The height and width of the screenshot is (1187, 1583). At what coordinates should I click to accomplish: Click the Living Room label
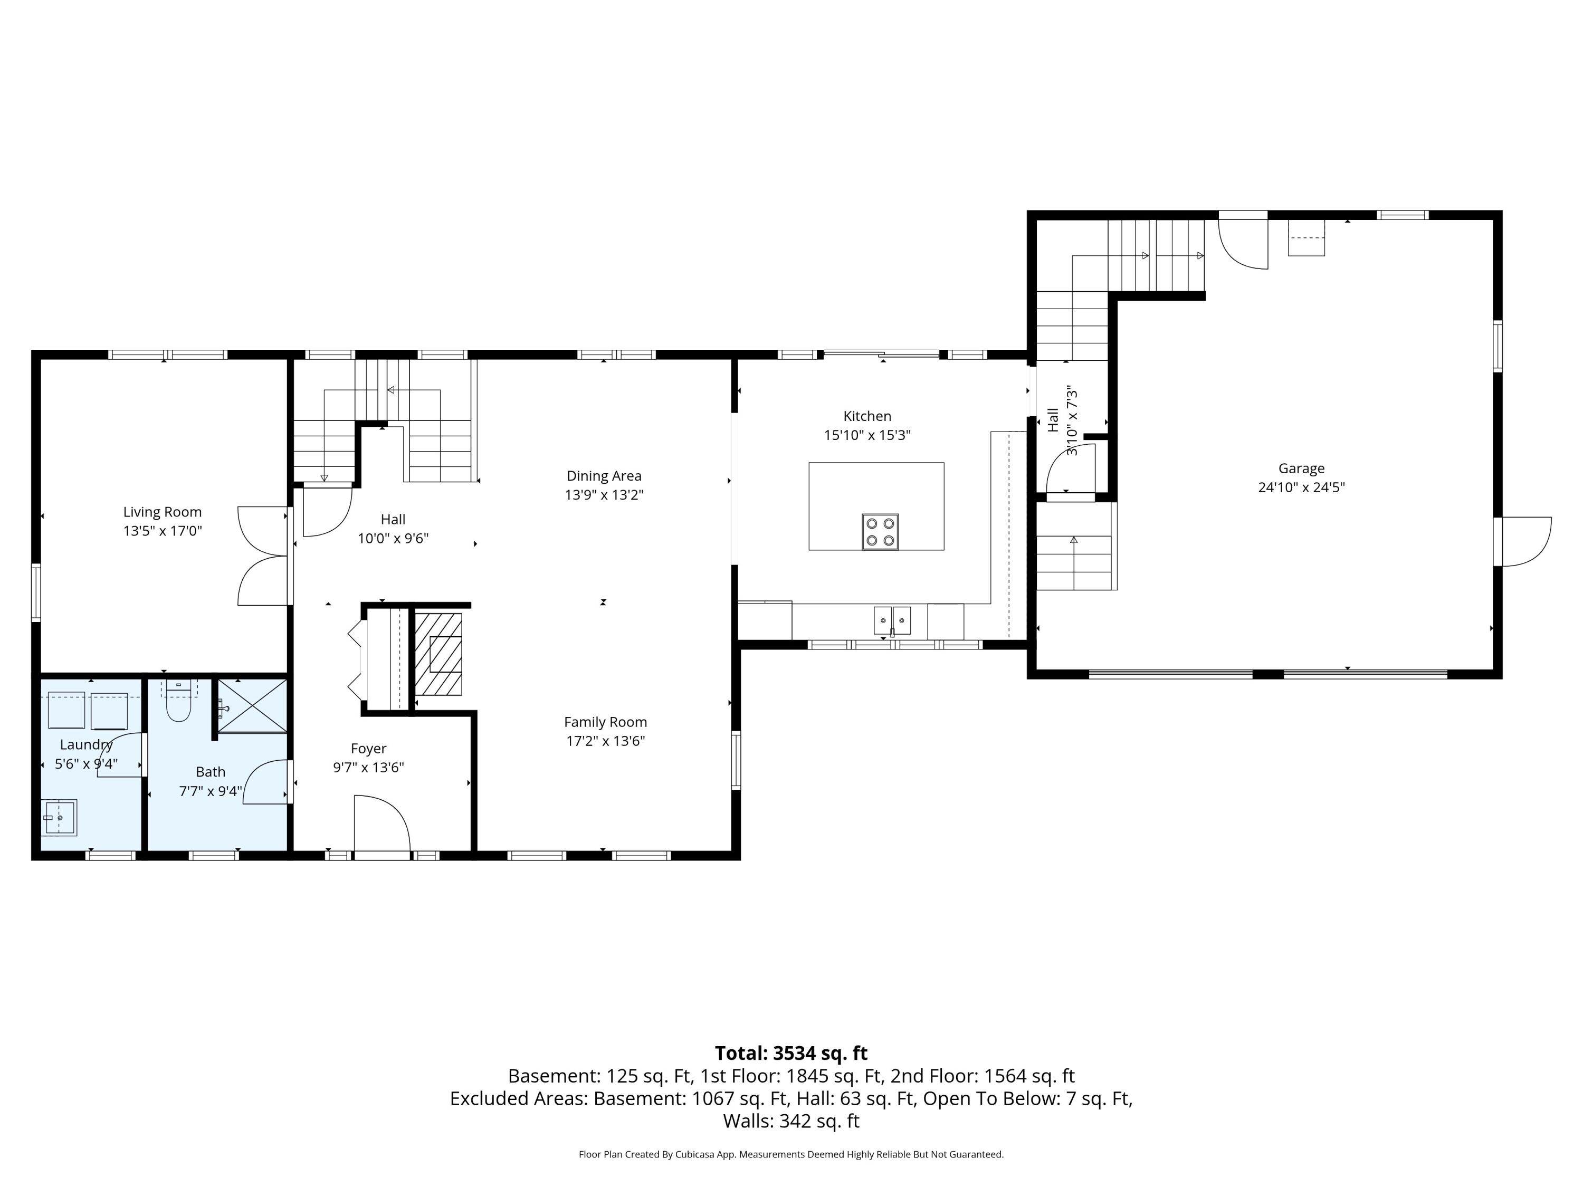[163, 512]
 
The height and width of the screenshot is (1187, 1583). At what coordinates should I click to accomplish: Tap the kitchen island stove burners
[880, 532]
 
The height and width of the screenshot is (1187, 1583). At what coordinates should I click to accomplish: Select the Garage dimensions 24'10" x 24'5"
[1301, 487]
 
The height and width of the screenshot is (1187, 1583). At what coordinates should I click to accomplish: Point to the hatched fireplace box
[438, 654]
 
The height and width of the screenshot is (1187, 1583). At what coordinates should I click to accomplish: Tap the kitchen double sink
[892, 620]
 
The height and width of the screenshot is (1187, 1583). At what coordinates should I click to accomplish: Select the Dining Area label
[604, 476]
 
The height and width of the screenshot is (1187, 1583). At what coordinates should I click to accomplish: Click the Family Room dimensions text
[605, 741]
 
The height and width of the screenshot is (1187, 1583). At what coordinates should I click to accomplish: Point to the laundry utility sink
[60, 818]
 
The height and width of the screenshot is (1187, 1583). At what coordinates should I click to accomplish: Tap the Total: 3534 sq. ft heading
[791, 1053]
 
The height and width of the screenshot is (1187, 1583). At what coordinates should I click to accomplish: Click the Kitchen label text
[866, 416]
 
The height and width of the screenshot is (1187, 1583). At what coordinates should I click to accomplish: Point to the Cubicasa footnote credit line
[791, 1154]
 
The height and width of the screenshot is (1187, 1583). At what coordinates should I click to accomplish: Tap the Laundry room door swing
[120, 755]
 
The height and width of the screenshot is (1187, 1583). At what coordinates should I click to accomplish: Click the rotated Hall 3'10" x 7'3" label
[1062, 420]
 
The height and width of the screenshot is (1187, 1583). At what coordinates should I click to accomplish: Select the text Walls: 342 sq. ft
[791, 1121]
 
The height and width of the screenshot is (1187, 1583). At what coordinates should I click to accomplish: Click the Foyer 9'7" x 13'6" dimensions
[368, 768]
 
